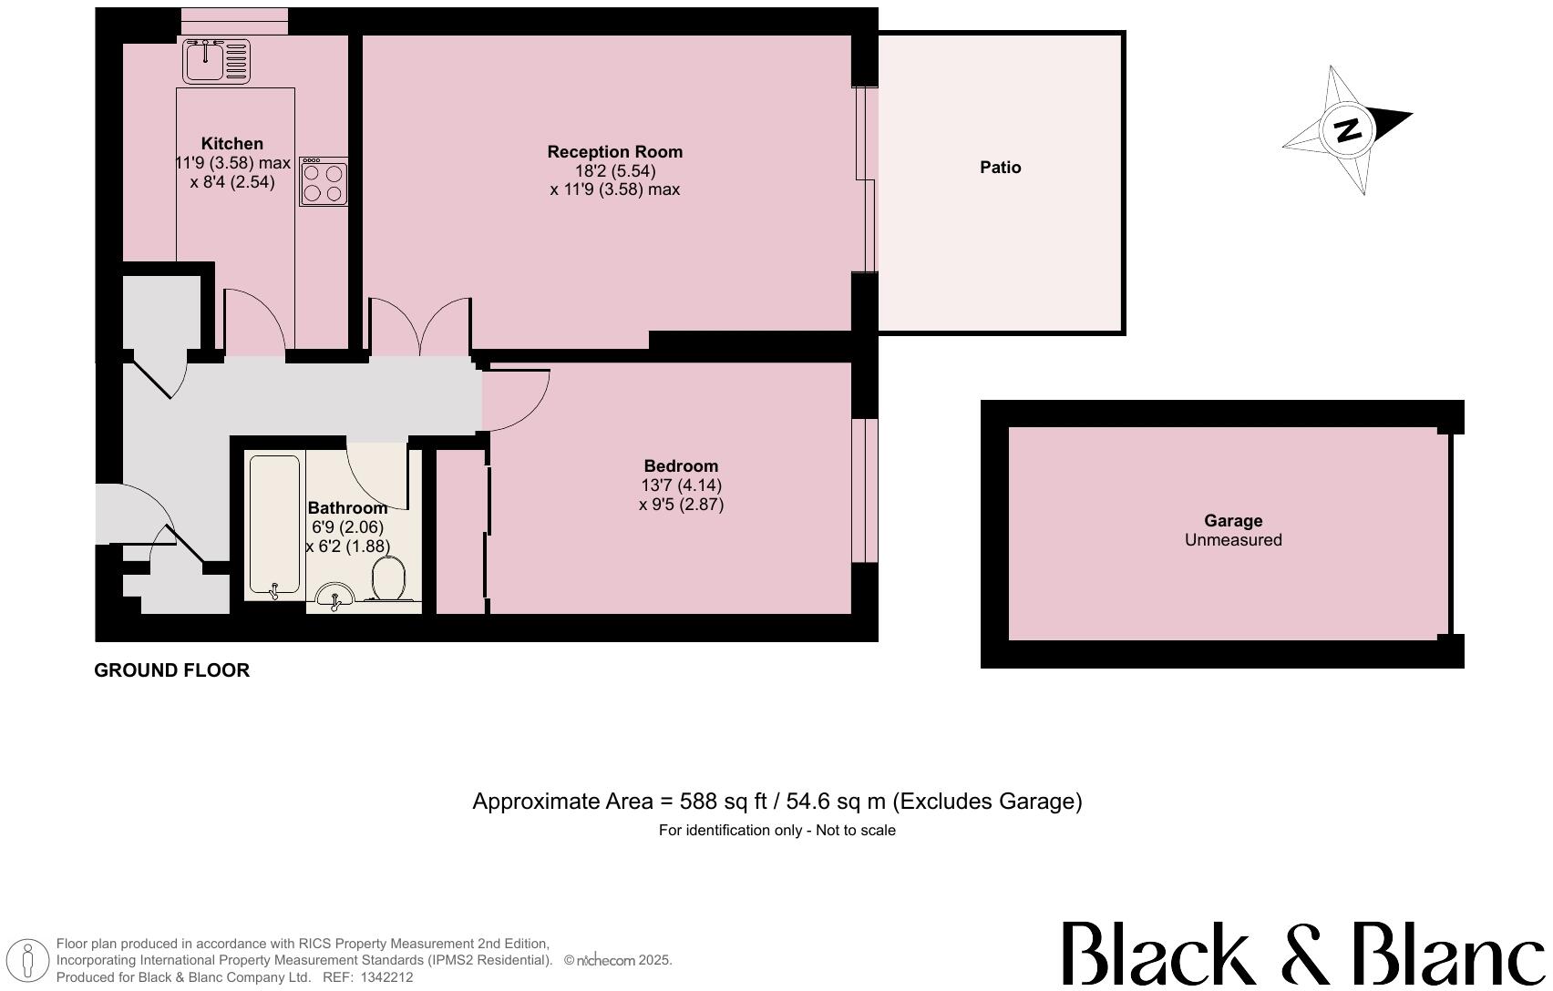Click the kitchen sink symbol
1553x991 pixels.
coord(216,60)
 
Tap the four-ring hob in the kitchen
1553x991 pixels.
coord(324,181)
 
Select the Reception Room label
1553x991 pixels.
coord(614,152)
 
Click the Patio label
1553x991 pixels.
coord(1000,168)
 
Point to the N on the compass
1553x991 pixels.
coord(1347,129)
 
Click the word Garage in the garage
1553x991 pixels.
coord(1233,521)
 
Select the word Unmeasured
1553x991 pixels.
coord(1233,540)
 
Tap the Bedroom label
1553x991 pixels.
coord(680,466)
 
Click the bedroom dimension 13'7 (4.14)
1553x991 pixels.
coord(681,485)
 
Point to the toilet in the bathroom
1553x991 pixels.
coord(389,579)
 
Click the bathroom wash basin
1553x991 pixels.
coord(335,596)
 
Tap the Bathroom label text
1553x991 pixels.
coord(347,508)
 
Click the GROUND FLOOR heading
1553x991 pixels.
coord(171,670)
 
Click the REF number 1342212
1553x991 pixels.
coord(386,977)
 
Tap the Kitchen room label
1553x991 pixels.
coord(231,144)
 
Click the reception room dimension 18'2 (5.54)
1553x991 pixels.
coord(614,171)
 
